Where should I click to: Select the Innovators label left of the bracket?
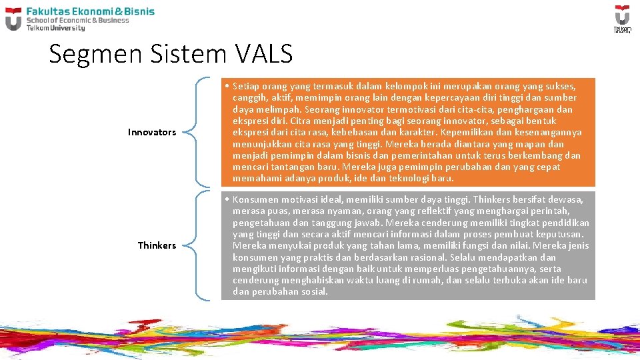pos(152,132)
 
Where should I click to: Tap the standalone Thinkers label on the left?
pos(157,245)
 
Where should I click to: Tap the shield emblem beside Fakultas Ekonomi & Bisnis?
pos(13,19)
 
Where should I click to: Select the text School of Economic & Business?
pos(78,20)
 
